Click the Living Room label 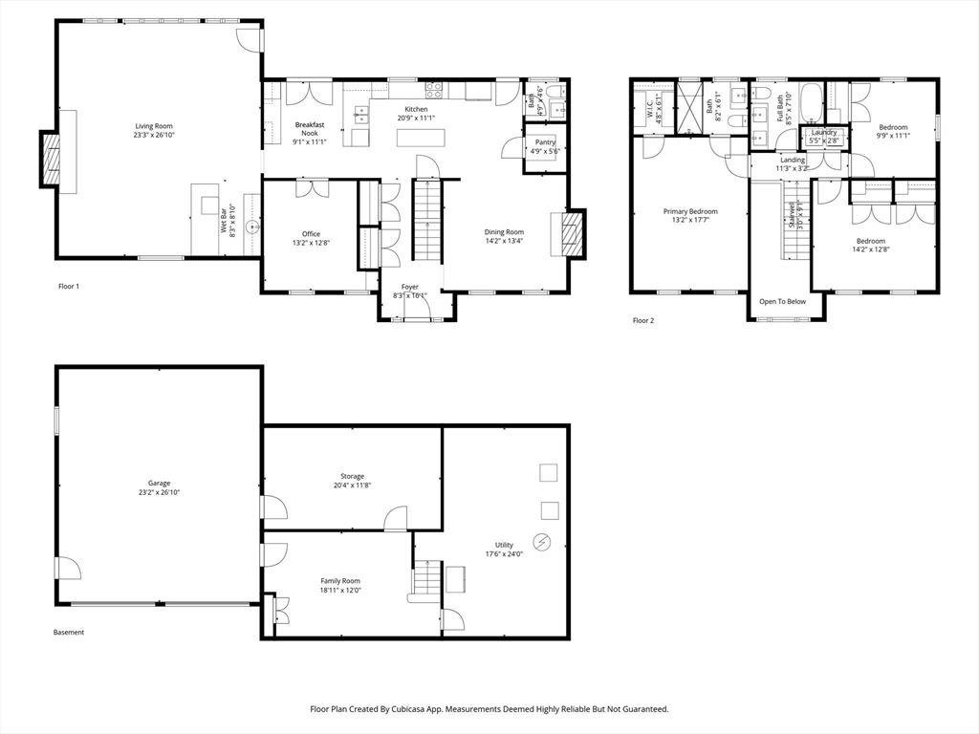(153, 126)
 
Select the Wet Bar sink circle (251, 227)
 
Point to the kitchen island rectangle (422, 137)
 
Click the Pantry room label (545, 142)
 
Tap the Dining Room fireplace (572, 232)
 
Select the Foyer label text (409, 287)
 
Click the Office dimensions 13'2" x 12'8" (311, 244)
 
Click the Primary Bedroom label (690, 211)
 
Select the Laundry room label (823, 132)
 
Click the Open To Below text (782, 301)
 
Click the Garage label (158, 484)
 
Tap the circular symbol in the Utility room (542, 541)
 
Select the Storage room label (352, 476)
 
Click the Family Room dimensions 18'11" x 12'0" (339, 590)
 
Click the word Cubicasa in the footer (410, 709)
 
